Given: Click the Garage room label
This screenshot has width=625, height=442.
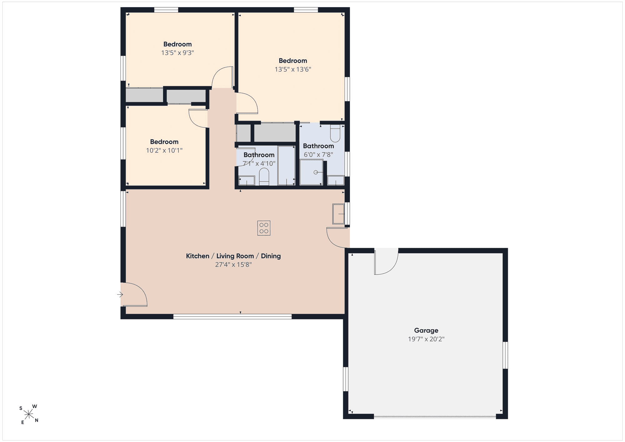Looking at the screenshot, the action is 426,330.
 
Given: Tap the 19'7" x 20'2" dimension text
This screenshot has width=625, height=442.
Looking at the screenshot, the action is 426,339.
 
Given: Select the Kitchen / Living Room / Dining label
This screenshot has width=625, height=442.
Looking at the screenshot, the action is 233,256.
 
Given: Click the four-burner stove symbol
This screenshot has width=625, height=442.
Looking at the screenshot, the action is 264,228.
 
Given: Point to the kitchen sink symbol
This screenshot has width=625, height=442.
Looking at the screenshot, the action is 338,214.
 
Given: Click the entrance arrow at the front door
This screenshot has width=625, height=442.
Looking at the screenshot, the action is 120,294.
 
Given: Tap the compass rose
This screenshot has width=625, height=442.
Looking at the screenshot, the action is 29,415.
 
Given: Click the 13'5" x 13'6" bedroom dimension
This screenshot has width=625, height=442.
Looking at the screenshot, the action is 293,69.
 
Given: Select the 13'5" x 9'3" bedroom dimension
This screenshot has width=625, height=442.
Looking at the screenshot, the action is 177,53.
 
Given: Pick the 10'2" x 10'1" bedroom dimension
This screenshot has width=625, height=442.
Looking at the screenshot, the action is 164,150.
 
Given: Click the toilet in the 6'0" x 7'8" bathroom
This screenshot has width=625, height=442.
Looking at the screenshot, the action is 335,133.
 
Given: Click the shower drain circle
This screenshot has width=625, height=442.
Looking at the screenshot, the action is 316,172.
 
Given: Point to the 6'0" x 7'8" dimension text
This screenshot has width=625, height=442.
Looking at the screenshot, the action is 318,155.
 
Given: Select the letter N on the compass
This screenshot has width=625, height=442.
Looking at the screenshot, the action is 37,420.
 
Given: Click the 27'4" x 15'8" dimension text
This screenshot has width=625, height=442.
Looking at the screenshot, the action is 233,265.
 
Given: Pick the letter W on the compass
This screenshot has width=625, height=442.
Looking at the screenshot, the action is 35,406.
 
